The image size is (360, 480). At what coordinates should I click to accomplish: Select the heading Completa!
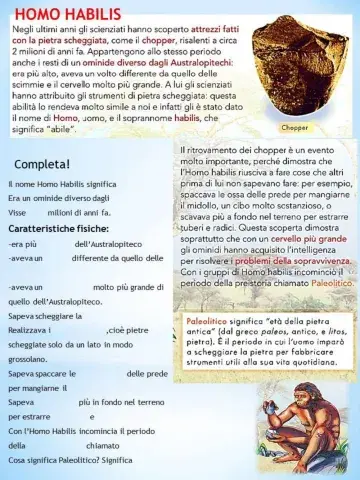point(42,163)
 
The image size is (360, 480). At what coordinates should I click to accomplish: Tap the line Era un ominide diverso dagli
point(58,199)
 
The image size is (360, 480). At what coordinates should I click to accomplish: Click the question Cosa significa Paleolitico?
point(68,460)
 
